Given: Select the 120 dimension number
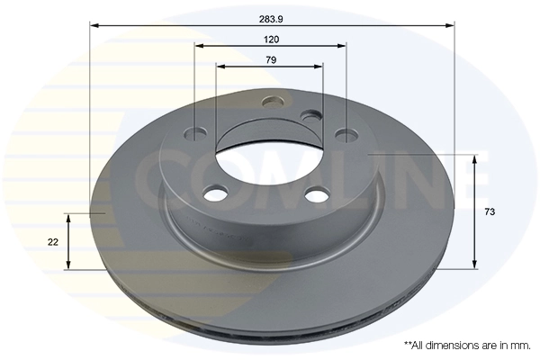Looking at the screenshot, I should click(x=271, y=39).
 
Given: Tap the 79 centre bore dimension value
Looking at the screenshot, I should click(x=271, y=59).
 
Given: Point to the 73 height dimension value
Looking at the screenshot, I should click(x=490, y=211).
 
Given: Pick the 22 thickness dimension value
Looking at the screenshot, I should click(x=53, y=242).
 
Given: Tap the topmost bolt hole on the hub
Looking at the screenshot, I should click(x=271, y=101).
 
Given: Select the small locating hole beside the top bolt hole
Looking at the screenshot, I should click(x=310, y=116).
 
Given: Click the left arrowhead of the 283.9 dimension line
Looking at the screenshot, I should click(x=94, y=26).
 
